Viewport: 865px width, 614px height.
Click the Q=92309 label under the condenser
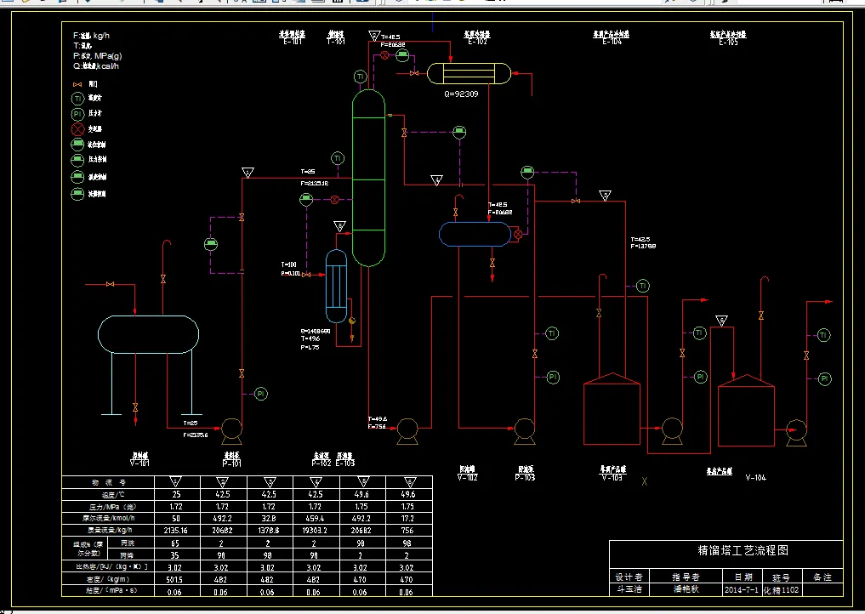point(461,94)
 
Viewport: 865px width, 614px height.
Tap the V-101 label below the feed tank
point(139,463)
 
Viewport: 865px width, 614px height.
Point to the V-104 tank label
point(755,477)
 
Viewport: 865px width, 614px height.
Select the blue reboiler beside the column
point(337,287)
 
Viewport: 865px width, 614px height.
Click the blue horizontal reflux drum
point(475,234)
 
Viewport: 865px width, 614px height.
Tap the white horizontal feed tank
point(148,333)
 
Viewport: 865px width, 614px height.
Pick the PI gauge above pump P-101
point(261,393)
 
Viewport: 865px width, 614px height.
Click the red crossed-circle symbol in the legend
point(77,129)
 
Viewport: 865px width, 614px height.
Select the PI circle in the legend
point(77,114)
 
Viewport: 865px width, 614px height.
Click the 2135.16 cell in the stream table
point(175,529)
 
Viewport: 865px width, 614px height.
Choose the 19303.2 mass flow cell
point(316,529)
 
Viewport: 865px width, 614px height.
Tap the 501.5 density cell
point(175,577)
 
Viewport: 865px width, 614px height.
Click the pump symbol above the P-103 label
point(524,429)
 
